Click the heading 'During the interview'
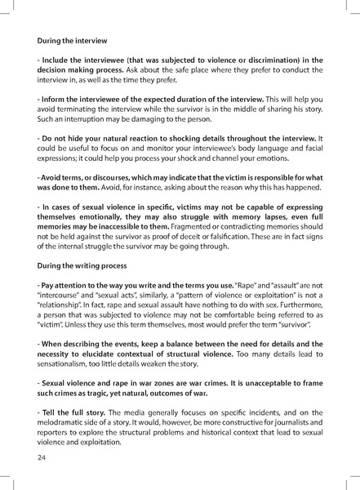click(73, 39)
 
